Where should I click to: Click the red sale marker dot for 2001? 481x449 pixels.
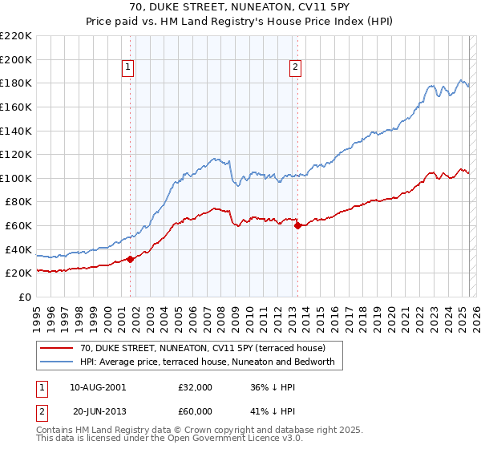[130, 258]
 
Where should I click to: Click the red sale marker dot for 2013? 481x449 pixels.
[297, 225]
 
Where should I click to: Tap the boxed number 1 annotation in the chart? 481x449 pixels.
[128, 67]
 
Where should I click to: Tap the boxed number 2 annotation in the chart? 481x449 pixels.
[296, 67]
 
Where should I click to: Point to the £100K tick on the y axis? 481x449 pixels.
[17, 178]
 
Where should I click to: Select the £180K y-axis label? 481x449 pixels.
[17, 83]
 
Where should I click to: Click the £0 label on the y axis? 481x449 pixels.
[25, 297]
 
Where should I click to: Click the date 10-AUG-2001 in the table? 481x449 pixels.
[98, 387]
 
